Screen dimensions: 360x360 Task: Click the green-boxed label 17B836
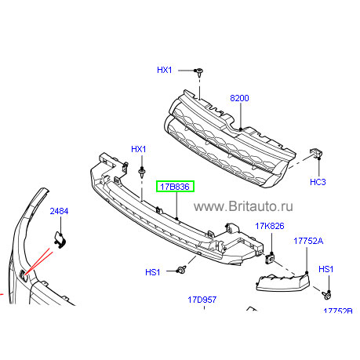point(175,187)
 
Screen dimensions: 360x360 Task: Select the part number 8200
point(239,98)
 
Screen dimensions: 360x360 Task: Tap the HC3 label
point(318,182)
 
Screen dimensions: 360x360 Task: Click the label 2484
point(59,211)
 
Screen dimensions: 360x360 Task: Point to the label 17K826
point(270,226)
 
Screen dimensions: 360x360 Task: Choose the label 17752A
point(308,241)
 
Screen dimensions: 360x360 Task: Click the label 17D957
point(202,300)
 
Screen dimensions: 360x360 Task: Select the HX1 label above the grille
point(165,70)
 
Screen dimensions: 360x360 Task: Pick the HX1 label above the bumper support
point(139,149)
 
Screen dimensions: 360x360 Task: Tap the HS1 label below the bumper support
point(153,272)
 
